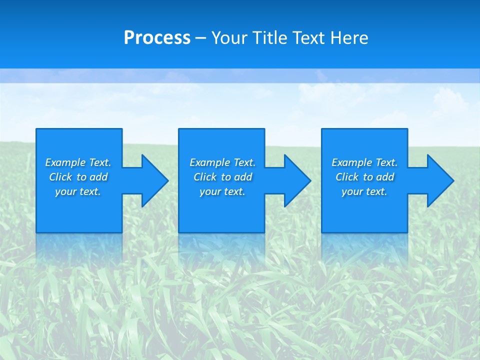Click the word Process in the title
coord(157,38)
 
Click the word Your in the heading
coord(229,38)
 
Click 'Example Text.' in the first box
coord(78,162)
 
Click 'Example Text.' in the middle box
coord(222,162)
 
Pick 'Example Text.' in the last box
coord(364,162)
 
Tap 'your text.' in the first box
coord(78,191)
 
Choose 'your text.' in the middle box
coord(222,191)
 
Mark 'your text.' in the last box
coord(364,191)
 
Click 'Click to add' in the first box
coord(78,177)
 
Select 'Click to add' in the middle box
coord(222,177)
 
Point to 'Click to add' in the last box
coord(364,177)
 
